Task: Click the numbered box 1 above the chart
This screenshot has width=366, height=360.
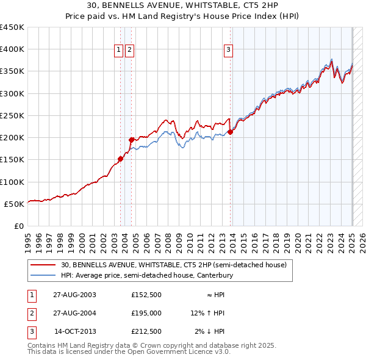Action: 119,51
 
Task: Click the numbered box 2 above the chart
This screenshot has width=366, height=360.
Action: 130,51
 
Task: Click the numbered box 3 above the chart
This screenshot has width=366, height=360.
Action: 228,51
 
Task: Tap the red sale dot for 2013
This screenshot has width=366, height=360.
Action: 230,132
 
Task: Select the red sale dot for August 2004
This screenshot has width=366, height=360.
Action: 131,140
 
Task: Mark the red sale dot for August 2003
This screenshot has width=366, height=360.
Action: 120,159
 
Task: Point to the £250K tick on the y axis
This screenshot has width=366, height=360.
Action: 12,115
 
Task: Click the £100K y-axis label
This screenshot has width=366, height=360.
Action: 12,182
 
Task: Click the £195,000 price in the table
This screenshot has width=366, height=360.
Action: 146,313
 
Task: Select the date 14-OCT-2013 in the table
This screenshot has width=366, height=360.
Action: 78,332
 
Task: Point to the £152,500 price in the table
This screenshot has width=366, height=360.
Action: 146,294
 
